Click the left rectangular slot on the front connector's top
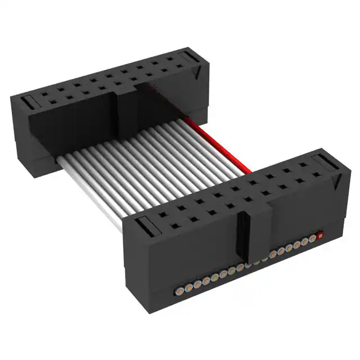(146, 224)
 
